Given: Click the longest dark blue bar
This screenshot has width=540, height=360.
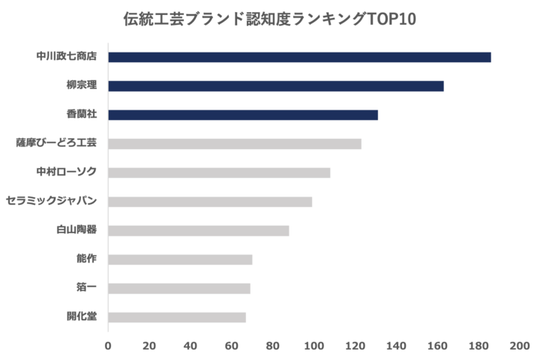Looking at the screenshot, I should click(x=300, y=57).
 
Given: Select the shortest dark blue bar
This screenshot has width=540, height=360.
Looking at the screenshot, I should click(x=244, y=115).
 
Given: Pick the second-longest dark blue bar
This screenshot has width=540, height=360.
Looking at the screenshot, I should click(x=277, y=86).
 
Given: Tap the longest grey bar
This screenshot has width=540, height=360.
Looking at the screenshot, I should click(x=235, y=143).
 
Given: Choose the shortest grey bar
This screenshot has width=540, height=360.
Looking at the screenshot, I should click(x=178, y=316).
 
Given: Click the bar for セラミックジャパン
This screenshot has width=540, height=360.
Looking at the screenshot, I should click(x=211, y=201).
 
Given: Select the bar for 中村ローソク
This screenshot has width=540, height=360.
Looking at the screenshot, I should click(x=220, y=172).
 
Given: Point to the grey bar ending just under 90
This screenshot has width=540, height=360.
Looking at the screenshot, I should click(x=199, y=230).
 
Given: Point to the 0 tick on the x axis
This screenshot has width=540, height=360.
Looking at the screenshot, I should click(x=109, y=346).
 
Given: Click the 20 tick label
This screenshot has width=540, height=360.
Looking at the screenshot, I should click(x=149, y=346).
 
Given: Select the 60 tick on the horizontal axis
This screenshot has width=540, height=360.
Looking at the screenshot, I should click(x=232, y=346).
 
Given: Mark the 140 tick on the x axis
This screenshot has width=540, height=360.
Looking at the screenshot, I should click(x=396, y=346).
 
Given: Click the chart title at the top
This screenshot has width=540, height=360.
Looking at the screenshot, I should click(x=269, y=19).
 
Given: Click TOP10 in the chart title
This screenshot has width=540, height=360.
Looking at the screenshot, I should click(x=394, y=19).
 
